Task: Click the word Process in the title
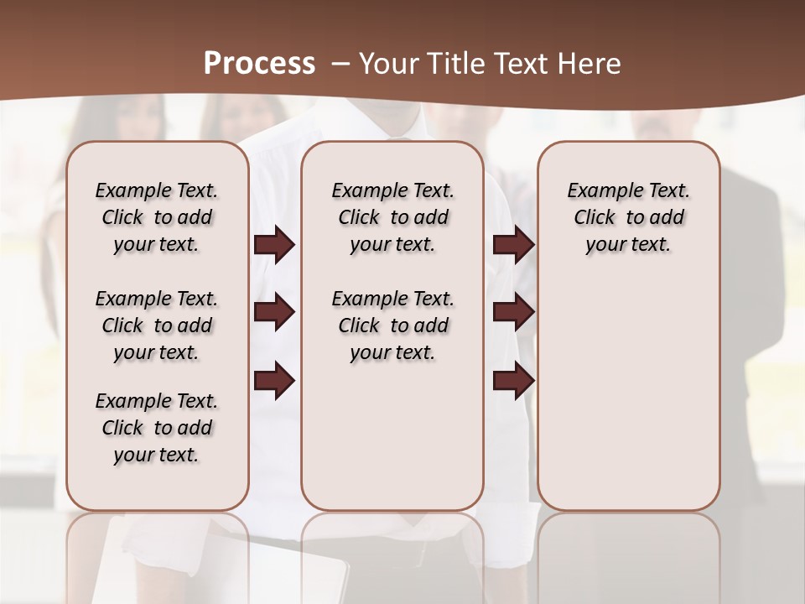259,64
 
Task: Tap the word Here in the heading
589,64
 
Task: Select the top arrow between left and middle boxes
274,245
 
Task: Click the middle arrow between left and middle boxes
274,312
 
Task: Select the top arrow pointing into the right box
513,245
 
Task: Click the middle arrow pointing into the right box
513,312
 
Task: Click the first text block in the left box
157,217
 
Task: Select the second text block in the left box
157,325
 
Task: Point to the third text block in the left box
157,428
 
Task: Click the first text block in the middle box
392,217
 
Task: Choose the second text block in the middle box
392,325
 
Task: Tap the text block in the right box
628,217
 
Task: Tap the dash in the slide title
339,64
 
